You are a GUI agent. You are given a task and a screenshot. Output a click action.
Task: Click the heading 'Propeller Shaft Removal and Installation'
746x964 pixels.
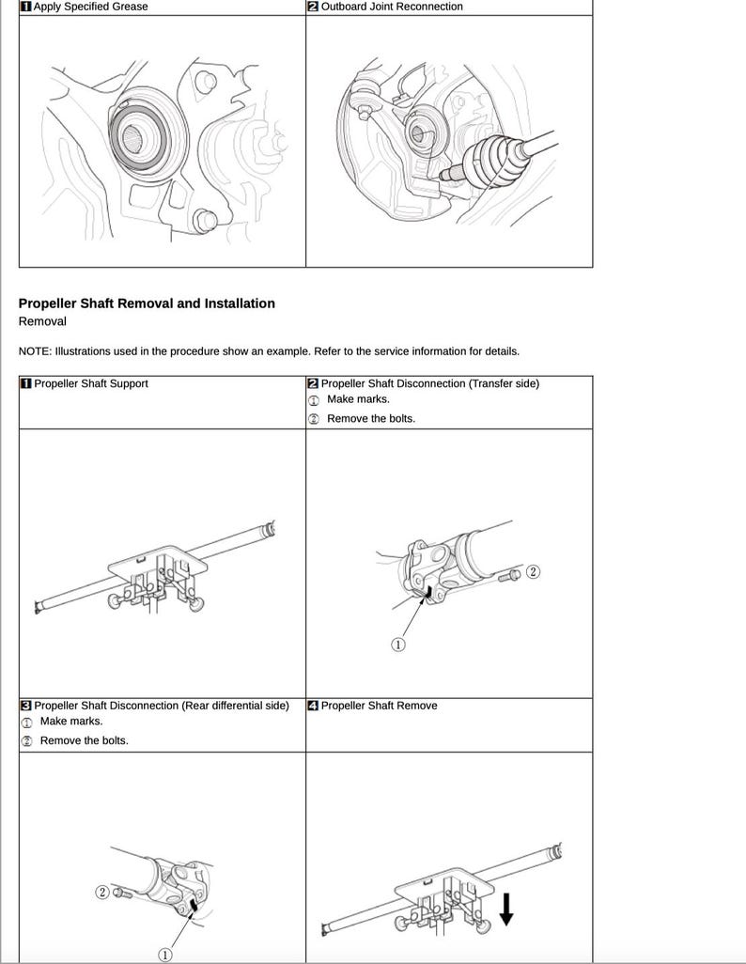pos(147,303)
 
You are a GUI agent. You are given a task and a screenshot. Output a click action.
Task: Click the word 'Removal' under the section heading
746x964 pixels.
pos(42,321)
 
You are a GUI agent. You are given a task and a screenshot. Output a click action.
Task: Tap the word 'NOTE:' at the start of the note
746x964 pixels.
pos(35,351)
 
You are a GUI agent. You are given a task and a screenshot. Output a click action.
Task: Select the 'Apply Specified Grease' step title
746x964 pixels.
pos(90,7)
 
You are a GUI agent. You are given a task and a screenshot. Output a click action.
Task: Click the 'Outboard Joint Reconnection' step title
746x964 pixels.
pos(392,7)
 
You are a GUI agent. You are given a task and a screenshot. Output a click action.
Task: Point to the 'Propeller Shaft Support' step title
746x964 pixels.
pos(90,383)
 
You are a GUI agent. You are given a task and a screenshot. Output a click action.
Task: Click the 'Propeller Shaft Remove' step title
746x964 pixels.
pos(379,706)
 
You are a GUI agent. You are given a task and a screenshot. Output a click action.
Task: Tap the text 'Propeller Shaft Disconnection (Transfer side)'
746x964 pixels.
pos(429,383)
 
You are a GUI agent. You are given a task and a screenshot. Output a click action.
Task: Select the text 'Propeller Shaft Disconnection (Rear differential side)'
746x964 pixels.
pos(161,706)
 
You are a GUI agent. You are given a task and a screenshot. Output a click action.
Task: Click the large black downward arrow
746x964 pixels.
pos(506,908)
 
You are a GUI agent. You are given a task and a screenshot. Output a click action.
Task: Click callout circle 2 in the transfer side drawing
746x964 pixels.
pos(533,572)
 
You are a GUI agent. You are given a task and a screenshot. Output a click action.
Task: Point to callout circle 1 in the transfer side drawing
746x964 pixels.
pos(397,645)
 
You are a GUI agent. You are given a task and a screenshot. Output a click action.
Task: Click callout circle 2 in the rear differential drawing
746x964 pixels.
pos(102,892)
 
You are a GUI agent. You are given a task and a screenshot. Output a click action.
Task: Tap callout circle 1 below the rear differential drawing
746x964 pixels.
pos(165,956)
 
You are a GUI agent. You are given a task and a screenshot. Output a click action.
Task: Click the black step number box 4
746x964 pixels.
pos(313,706)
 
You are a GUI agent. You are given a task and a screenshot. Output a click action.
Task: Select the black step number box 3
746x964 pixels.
pos(26,706)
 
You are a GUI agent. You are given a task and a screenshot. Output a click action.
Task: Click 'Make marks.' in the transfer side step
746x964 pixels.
pos(358,399)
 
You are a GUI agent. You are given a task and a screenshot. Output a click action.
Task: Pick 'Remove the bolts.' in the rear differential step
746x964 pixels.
pos(84,740)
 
